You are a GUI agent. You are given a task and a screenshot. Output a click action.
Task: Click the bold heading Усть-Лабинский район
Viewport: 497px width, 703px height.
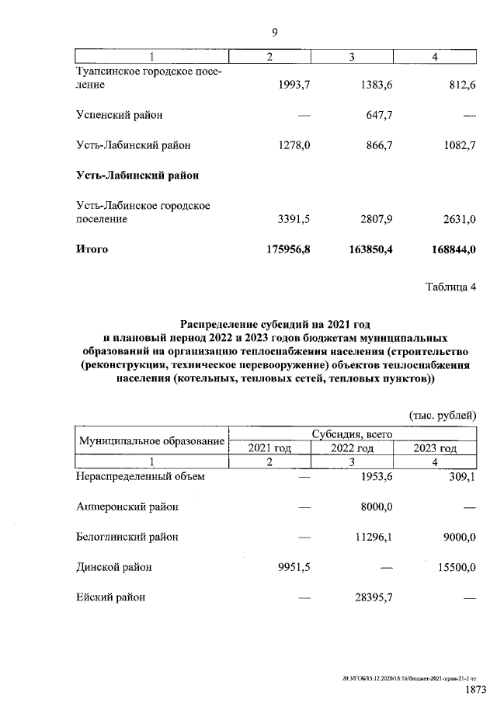point(137,176)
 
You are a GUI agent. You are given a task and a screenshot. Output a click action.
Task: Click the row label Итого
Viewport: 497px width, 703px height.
point(92,249)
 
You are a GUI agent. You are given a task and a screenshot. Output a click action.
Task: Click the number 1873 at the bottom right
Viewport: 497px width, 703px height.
point(475,690)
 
